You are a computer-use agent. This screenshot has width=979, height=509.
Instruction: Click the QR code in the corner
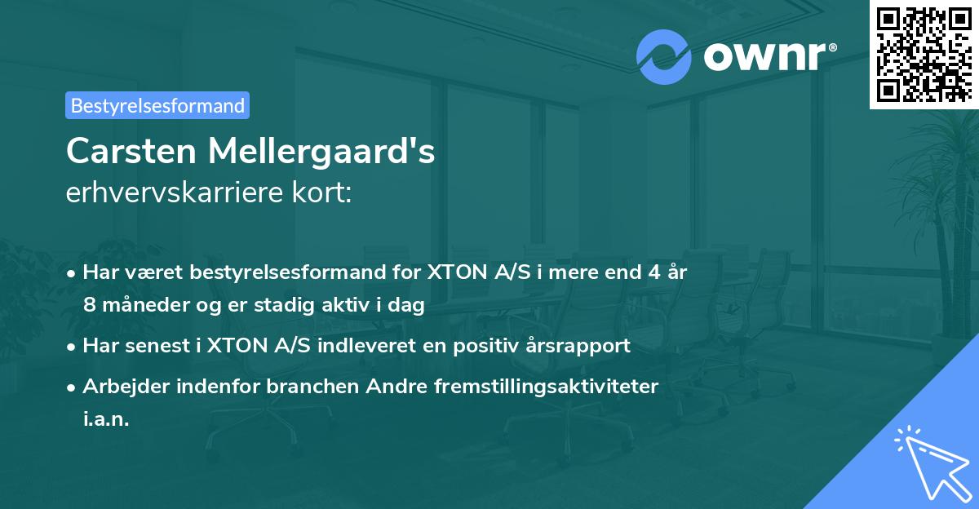(x=924, y=54)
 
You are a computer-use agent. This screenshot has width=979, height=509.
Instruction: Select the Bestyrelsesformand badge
(x=157, y=105)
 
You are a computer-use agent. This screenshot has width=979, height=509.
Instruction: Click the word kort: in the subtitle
(x=326, y=193)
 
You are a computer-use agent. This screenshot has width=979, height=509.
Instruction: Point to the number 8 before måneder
(x=90, y=305)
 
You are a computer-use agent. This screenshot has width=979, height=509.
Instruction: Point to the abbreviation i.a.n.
(x=106, y=418)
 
